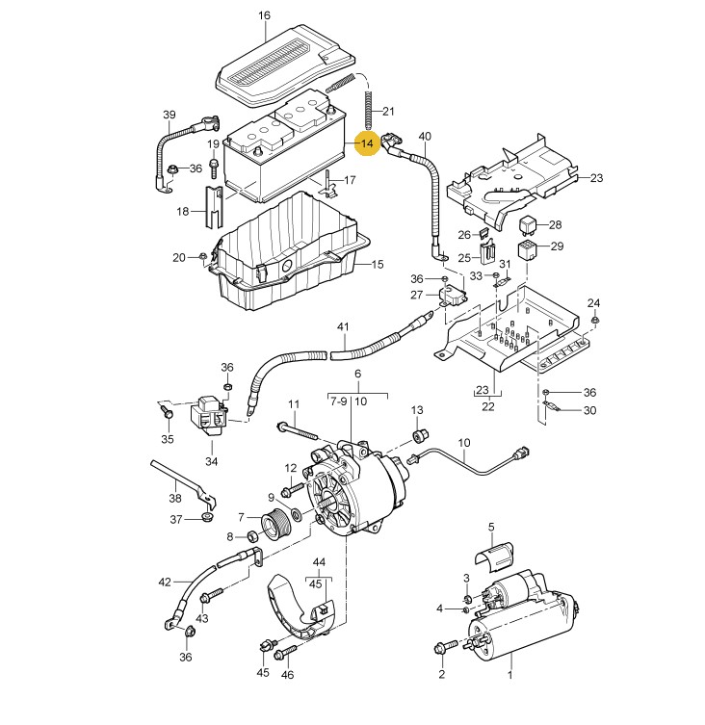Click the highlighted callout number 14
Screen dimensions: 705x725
(x=367, y=143)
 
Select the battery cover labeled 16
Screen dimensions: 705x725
(x=286, y=65)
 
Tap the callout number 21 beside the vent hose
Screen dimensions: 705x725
(x=388, y=111)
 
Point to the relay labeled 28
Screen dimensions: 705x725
(x=528, y=224)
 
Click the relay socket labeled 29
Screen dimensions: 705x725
(x=527, y=249)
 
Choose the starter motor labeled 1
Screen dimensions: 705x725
(x=523, y=622)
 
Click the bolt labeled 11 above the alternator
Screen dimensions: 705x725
(x=297, y=430)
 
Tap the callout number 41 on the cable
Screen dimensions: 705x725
(x=343, y=327)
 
